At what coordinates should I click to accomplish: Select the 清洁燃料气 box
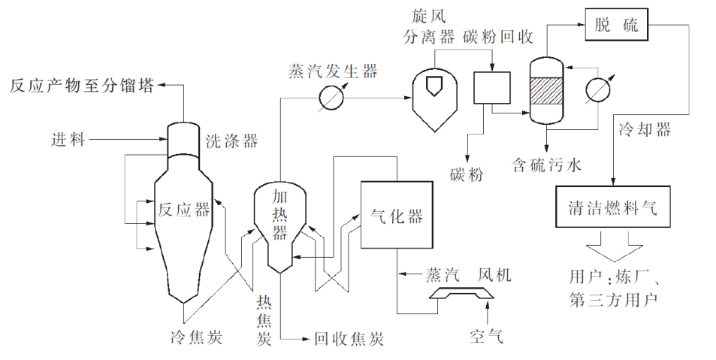pyautogui.click(x=613, y=208)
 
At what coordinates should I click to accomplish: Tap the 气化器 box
pyautogui.click(x=397, y=215)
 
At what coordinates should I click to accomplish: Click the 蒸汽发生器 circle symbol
pyautogui.click(x=331, y=97)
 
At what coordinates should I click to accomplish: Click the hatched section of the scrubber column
pyautogui.click(x=547, y=92)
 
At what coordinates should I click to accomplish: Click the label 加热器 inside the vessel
pyautogui.click(x=279, y=214)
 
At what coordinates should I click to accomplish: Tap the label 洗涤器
pyautogui.click(x=231, y=141)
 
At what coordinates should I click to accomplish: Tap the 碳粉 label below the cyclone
pyautogui.click(x=467, y=174)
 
